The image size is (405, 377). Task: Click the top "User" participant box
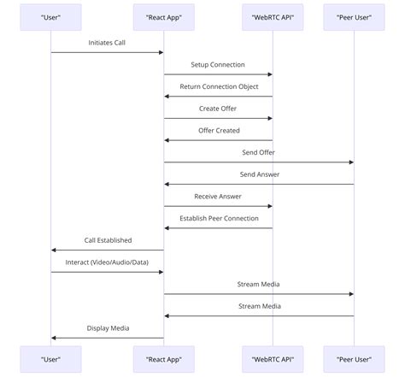51,17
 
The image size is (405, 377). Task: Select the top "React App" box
164,17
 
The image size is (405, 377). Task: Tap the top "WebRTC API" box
273,17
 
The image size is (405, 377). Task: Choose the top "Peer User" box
354,17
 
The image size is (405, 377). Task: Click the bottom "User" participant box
51,358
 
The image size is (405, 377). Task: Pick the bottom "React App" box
164,358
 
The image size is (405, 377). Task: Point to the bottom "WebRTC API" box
273,358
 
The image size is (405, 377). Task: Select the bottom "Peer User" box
354,358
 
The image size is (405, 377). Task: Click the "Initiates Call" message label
108,42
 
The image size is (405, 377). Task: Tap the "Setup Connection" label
218,64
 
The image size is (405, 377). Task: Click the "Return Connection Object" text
218,86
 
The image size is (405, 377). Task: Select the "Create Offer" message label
218,109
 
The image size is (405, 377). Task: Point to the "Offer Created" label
218,130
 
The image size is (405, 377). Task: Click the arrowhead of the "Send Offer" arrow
350,162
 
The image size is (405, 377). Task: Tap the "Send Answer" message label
259,174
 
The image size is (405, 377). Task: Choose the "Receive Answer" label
218,196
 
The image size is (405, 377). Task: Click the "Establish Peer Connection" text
218,218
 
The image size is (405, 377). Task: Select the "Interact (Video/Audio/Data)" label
108,262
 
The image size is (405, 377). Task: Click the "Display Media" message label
108,327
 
